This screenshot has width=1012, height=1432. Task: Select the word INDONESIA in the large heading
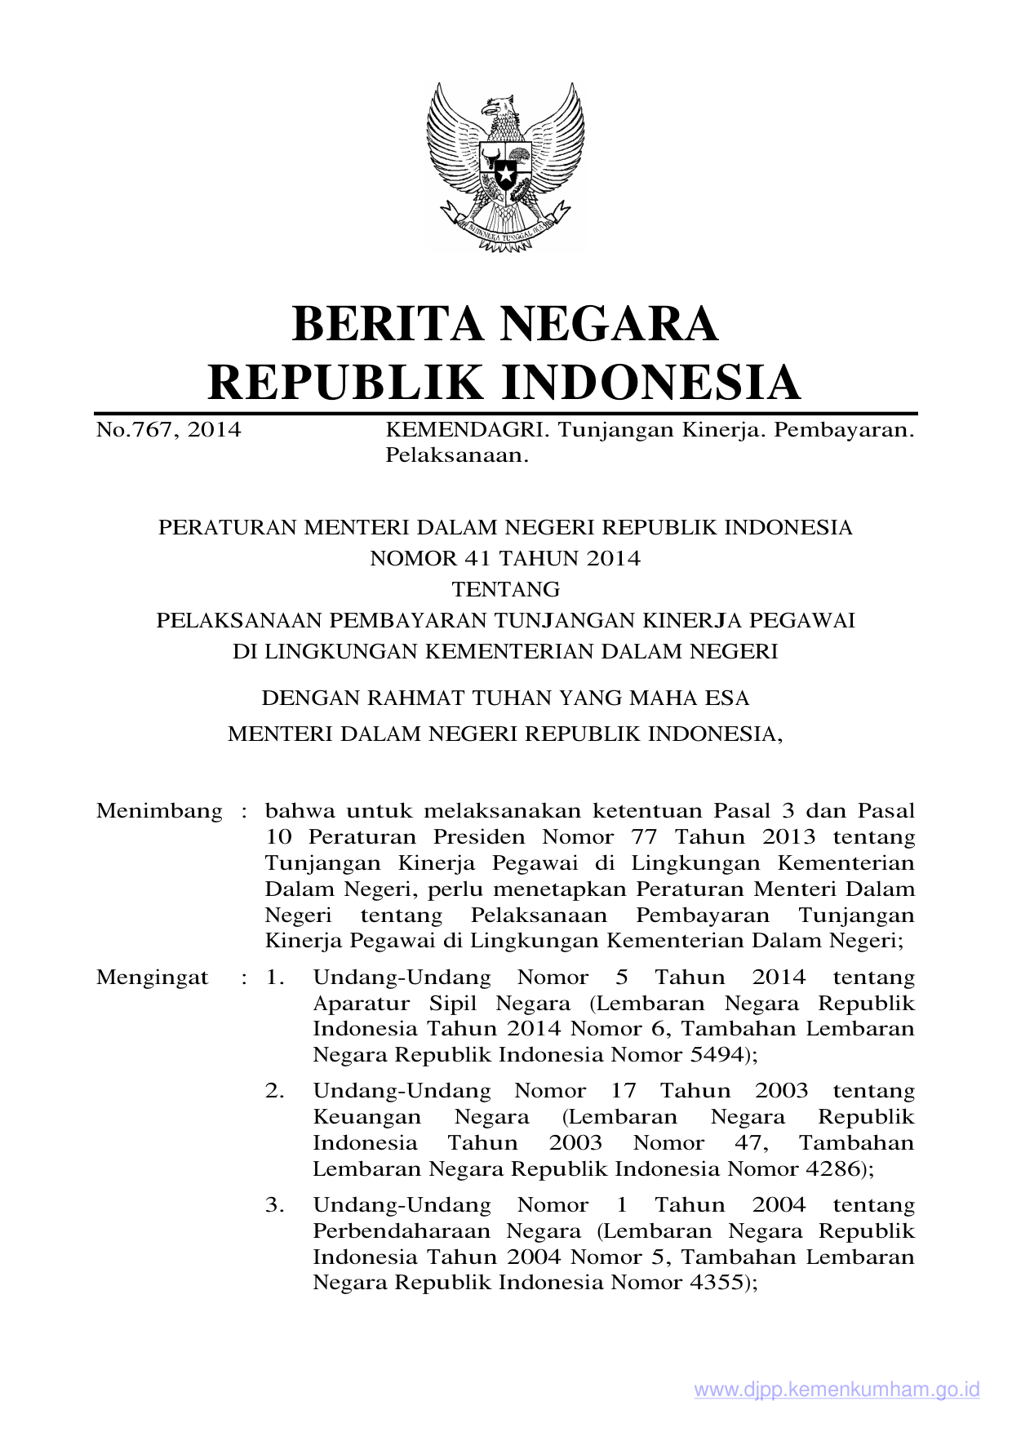(x=650, y=382)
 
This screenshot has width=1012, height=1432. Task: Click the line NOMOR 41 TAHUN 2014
(x=505, y=559)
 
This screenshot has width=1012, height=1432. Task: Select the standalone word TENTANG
(x=505, y=589)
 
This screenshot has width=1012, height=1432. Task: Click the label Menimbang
(x=159, y=811)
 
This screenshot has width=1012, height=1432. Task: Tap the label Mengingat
(x=153, y=978)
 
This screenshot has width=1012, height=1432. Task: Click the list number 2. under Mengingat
(x=275, y=1091)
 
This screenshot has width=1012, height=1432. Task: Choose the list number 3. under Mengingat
(x=275, y=1205)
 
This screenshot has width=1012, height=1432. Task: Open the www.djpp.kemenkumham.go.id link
(x=837, y=1390)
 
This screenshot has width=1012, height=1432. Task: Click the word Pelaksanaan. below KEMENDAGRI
(x=457, y=455)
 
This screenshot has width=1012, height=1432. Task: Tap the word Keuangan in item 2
(x=367, y=1117)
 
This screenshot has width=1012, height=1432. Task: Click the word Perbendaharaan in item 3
(x=402, y=1231)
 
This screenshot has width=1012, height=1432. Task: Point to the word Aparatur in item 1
(x=360, y=1004)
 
